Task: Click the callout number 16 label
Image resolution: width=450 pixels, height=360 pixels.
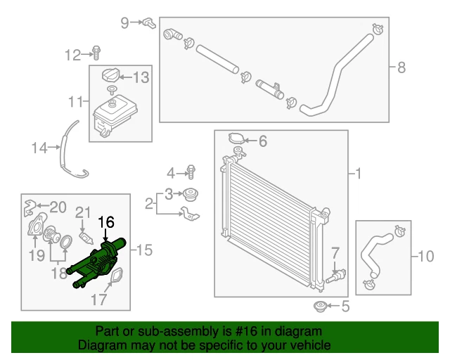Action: (x=105, y=223)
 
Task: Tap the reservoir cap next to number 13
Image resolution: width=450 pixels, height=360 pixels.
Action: (x=110, y=76)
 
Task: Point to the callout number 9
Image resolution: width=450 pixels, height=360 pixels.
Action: (x=125, y=22)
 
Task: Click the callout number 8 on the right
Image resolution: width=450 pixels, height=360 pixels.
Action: (x=401, y=67)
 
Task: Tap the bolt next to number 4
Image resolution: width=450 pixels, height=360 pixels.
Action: (x=191, y=171)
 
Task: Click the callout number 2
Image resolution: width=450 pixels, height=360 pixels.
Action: (x=149, y=204)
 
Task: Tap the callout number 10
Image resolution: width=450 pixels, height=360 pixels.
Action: (x=427, y=257)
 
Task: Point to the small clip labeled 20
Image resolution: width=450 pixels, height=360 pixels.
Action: (x=30, y=206)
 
